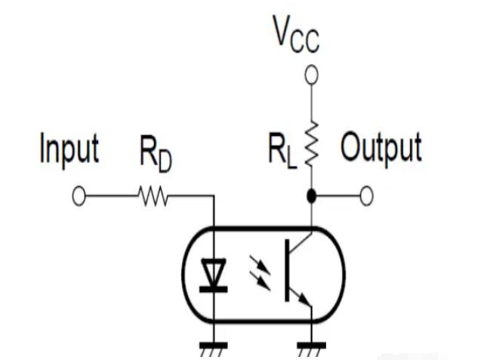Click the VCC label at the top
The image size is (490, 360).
(297, 34)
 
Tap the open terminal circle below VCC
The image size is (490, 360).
(310, 75)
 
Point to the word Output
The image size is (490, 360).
(380, 149)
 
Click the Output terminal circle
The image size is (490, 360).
(366, 197)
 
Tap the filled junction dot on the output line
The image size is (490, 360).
(310, 197)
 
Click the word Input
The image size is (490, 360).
(69, 149)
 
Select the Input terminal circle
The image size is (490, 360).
(79, 197)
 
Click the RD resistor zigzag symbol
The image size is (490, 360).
(153, 197)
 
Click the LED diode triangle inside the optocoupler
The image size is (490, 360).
(215, 275)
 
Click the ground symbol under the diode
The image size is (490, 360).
(215, 349)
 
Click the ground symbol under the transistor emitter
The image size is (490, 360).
(310, 349)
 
